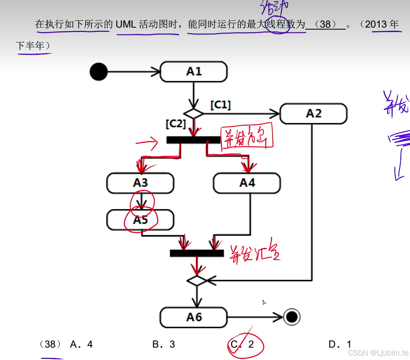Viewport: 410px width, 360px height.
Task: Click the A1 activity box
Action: pos(194,72)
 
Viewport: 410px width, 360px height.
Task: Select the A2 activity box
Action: pos(313,114)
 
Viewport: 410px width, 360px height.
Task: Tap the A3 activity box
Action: pos(140,183)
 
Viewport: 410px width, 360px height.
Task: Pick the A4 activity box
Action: pos(247,183)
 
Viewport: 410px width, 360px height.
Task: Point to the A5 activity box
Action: pos(140,220)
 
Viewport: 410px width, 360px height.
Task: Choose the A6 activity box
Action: pos(194,318)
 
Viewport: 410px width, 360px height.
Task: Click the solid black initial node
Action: pos(99,72)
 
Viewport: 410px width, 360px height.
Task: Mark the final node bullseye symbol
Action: pos(292,318)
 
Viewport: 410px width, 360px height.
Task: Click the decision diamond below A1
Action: pos(193,114)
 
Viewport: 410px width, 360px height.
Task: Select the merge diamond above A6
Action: pos(197,280)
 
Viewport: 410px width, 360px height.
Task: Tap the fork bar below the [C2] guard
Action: pos(193,140)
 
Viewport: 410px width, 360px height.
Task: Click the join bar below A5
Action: pos(197,253)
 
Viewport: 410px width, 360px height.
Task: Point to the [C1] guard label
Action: pos(220,105)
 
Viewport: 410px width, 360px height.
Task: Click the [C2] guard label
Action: pos(176,124)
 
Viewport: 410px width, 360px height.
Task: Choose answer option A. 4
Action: pos(81,344)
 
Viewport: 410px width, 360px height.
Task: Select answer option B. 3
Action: pos(164,344)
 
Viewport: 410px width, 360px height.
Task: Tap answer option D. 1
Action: pos(340,344)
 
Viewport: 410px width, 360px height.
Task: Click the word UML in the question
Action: pos(126,24)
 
